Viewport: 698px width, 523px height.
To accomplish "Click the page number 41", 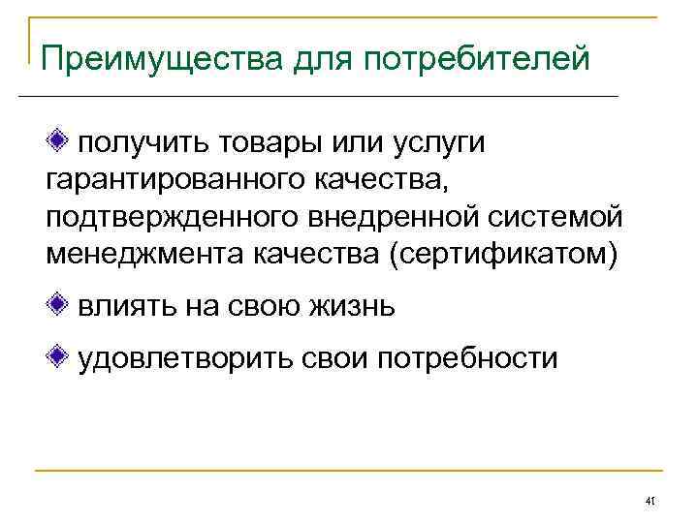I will [x=650, y=502].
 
